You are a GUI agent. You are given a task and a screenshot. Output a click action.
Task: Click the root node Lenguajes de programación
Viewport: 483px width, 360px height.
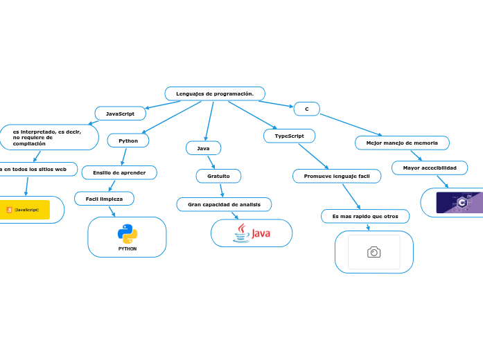pos(215,93)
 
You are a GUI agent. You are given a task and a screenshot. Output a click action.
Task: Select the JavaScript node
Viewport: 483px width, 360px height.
pos(120,113)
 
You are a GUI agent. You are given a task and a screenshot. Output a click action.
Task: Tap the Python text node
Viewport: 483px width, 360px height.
pos(128,141)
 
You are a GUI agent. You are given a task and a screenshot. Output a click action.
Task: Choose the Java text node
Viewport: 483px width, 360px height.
pos(203,148)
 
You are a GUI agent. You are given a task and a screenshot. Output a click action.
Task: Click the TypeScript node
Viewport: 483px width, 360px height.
pos(289,136)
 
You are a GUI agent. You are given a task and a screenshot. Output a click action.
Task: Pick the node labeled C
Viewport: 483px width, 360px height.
pos(306,109)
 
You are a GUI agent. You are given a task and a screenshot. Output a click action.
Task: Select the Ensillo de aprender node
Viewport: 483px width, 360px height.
pos(119,172)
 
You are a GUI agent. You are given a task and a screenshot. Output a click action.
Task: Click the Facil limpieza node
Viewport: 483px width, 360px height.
pos(104,199)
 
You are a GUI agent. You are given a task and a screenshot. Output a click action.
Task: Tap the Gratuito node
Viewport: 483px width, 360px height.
pos(218,177)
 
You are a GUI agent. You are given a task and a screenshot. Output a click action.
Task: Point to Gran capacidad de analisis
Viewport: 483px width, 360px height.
pos(224,204)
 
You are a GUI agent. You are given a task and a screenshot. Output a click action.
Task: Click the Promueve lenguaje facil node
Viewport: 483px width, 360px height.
pos(336,177)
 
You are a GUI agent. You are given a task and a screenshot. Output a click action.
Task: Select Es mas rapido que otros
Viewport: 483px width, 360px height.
pos(365,217)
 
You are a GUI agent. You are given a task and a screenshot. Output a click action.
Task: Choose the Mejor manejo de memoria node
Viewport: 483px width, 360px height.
pos(402,143)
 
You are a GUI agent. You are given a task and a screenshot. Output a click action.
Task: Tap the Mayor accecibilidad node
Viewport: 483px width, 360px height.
pos(430,168)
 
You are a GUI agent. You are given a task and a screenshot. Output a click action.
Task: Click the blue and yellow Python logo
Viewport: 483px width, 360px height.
pos(128,234)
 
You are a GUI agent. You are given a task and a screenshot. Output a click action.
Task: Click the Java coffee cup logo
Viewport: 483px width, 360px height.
pos(242,233)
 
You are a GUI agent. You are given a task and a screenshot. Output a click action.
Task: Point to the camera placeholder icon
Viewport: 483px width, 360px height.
pos(374,252)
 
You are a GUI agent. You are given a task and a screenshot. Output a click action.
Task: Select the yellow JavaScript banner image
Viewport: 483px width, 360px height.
pos(26,209)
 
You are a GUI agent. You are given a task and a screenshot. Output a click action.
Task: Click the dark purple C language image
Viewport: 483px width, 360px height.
pos(459,202)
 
